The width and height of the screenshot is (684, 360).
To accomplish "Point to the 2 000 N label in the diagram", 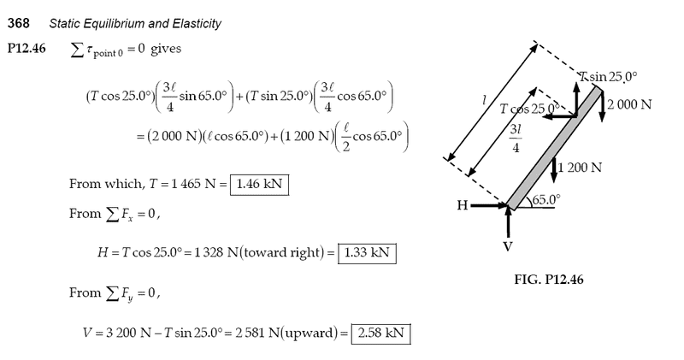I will tap(630, 104).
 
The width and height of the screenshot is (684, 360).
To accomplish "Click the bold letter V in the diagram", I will tap(509, 246).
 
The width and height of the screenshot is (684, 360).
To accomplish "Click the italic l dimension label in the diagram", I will tap(485, 101).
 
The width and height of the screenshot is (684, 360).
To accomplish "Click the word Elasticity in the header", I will tap(197, 23).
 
